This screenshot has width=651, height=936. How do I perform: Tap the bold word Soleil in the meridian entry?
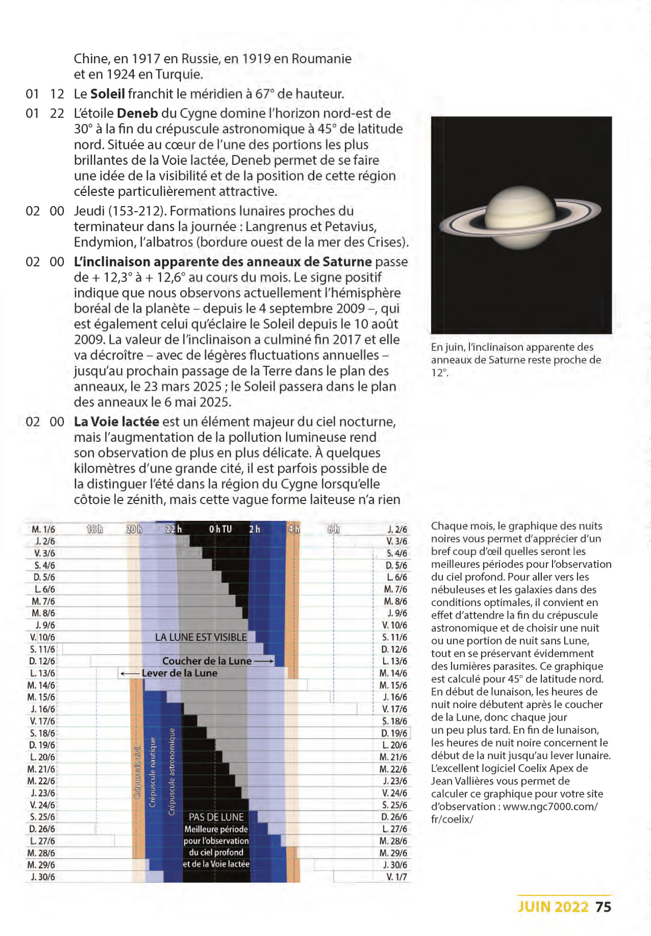(107, 94)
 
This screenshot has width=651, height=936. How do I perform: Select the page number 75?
(603, 907)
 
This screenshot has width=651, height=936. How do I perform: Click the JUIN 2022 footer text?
(553, 907)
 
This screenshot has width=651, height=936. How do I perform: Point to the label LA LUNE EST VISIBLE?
(201, 637)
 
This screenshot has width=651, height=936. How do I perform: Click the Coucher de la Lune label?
(207, 661)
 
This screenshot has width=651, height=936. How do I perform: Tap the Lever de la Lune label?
(179, 673)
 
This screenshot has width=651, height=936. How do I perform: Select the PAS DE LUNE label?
(216, 817)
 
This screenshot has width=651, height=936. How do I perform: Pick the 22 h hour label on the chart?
(174, 529)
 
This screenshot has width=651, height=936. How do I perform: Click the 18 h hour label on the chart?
(95, 529)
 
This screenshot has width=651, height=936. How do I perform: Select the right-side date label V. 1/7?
(396, 877)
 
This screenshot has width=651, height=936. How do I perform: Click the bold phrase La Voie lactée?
(116, 421)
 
